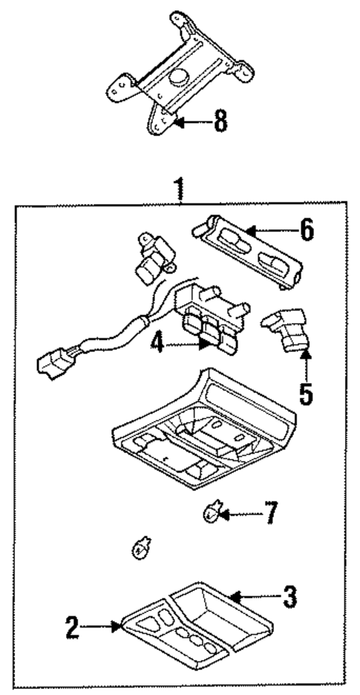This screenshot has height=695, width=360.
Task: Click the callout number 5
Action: coord(305,391)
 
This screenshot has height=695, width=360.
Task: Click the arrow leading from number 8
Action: coord(190,122)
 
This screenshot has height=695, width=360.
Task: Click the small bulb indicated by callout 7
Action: coord(212,511)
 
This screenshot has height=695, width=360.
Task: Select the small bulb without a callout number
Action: coord(138,550)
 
